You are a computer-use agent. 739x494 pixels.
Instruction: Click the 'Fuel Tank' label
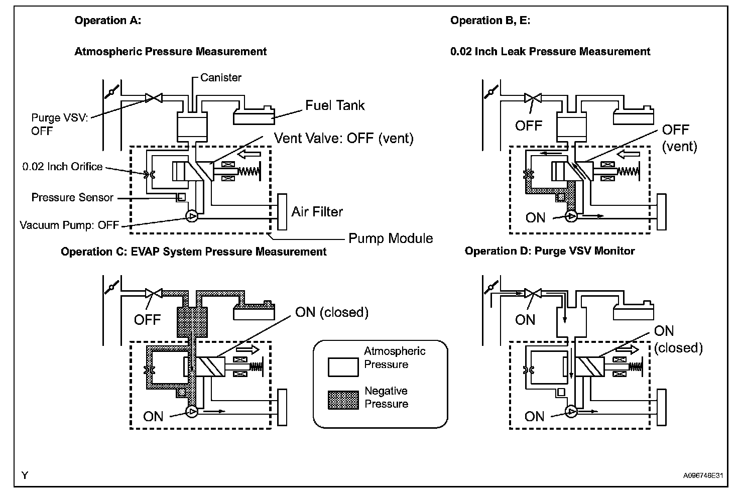tap(335, 105)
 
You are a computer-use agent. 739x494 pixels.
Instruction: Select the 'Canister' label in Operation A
tap(220, 78)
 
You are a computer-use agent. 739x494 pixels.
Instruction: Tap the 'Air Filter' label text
tap(317, 211)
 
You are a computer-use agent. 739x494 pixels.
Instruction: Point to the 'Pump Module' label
tap(391, 238)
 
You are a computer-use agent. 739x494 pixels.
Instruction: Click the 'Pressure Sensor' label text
tap(72, 198)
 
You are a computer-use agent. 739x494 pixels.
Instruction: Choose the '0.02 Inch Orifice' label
tap(62, 167)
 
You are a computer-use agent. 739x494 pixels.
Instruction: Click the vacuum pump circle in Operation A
tap(192, 216)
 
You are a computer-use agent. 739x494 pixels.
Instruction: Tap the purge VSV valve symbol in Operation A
tap(152, 98)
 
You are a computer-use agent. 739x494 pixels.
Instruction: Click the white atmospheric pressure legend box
tap(343, 366)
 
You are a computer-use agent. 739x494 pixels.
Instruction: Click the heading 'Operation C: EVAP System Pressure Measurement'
tap(193, 252)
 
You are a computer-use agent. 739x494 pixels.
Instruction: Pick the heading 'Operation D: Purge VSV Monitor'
tap(549, 251)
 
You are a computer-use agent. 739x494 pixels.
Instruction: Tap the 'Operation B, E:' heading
tap(490, 21)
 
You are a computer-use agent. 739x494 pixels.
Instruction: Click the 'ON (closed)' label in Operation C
tap(331, 312)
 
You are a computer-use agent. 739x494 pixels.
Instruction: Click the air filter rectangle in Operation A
tap(282, 212)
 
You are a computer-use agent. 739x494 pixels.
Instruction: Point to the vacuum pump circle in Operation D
tap(571, 412)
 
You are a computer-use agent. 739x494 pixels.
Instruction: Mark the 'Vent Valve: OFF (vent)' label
tap(343, 138)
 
